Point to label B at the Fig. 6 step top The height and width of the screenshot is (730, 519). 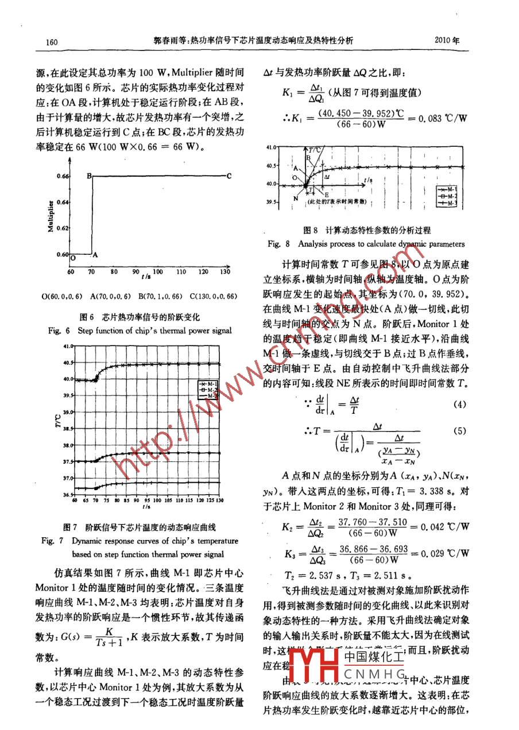pos(90,176)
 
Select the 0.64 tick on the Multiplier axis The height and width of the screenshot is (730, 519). pos(63,202)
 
